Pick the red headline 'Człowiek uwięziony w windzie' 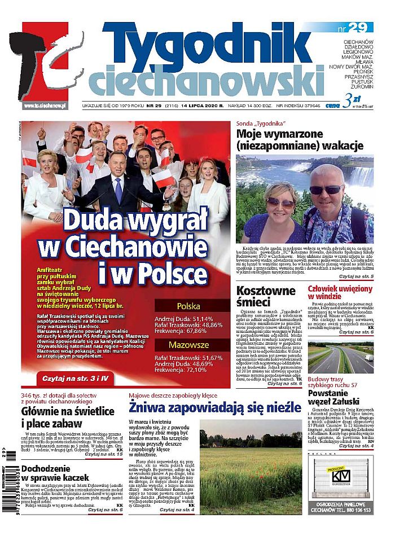[x=340, y=293]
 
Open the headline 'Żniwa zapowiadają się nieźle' [x=216, y=406]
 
